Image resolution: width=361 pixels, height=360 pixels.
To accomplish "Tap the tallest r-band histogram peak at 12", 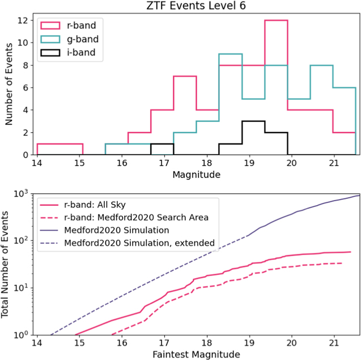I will (x=276, y=21).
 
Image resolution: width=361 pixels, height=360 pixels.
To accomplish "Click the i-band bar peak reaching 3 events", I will (x=253, y=121).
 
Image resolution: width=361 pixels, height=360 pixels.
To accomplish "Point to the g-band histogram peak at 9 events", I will (x=230, y=54).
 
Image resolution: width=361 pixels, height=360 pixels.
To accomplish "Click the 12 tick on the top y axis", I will (x=23, y=20).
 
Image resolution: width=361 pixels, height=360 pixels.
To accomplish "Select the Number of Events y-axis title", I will (x=9, y=87).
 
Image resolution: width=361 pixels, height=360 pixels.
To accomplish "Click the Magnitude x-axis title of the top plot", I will (x=196, y=176).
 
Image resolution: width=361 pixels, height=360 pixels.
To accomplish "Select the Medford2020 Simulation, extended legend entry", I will (x=139, y=243).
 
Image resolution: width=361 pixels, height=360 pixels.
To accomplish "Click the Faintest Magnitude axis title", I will (x=196, y=355).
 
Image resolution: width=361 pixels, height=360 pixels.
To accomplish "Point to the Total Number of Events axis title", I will (x=7, y=265).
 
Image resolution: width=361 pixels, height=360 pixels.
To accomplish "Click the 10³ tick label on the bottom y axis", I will (x=22, y=194).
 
